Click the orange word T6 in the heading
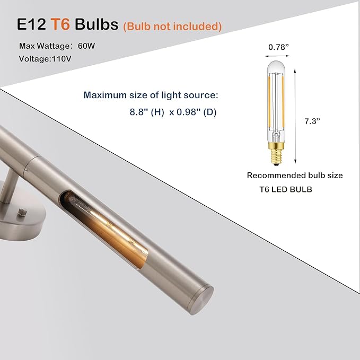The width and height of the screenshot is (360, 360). coord(60,24)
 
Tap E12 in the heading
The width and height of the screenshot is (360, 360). coord(31,24)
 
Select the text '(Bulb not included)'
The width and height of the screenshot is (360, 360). coord(172,26)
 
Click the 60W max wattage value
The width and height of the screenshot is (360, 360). coord(86,46)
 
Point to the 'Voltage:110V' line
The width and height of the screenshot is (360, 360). coord(45,59)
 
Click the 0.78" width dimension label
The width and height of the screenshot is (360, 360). coord(278,47)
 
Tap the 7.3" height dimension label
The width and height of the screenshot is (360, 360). coord(312,121)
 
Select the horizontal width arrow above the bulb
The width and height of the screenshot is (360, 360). coord(277,56)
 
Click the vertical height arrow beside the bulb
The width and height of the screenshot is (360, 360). coord(295,117)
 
